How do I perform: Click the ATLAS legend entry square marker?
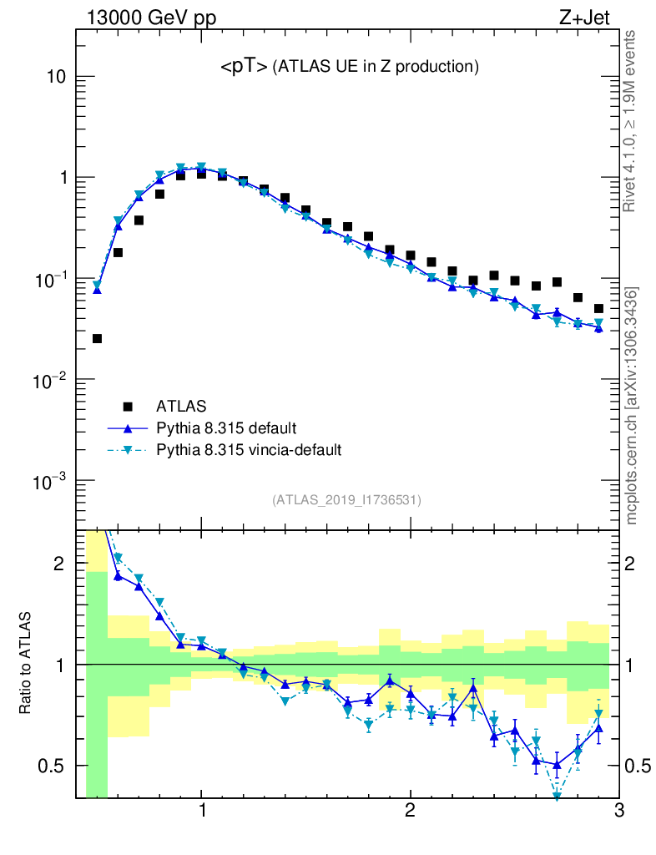click(128, 407)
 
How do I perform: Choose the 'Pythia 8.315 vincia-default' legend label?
click(250, 450)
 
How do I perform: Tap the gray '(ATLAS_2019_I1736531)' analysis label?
click(346, 500)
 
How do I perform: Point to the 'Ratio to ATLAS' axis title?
click(25, 664)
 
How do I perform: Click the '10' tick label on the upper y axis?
click(55, 77)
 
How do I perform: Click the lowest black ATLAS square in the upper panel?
click(97, 338)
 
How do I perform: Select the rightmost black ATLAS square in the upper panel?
click(598, 308)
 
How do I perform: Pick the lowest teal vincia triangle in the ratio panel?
click(557, 796)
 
